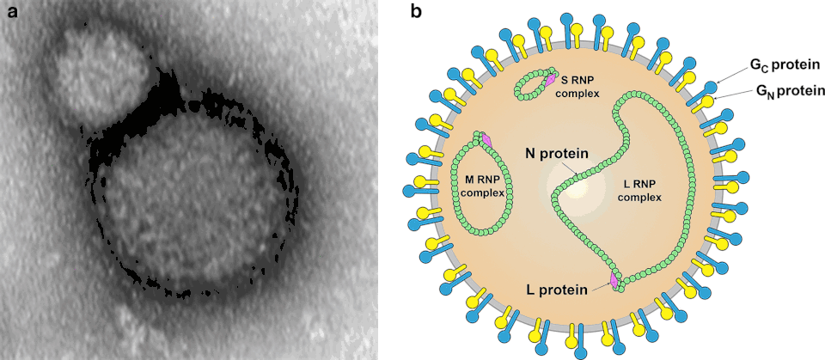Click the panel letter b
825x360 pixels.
(416, 12)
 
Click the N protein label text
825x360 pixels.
(556, 154)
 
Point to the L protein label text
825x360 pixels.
(556, 290)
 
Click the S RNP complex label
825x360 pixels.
(578, 86)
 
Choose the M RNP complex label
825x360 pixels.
(480, 185)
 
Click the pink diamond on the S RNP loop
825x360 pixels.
(551, 80)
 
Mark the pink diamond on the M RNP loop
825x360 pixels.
(486, 139)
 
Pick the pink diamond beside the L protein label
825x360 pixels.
(614, 281)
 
